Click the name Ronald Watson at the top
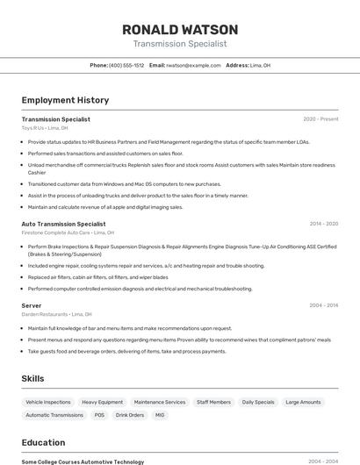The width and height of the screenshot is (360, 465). coord(180,29)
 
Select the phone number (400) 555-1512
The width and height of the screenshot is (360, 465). coord(126,65)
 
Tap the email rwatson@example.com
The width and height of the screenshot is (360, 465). coord(194,65)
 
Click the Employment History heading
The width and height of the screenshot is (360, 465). coord(65,100)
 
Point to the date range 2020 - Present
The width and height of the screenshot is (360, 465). coord(320,118)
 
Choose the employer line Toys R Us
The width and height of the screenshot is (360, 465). coord(45,128)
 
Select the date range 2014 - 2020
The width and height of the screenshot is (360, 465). coord(324,224)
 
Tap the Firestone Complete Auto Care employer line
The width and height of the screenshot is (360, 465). coord(68,233)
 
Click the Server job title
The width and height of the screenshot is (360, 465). coord(32,305)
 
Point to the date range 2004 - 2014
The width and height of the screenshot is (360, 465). coord(324,305)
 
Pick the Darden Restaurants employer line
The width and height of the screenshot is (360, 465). coord(56,314)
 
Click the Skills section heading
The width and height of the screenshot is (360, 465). coord(33,378)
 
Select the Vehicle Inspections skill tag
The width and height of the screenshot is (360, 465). coord(48,402)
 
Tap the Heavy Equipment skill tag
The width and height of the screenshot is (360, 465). coord(103,402)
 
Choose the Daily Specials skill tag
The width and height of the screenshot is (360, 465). coord(258,402)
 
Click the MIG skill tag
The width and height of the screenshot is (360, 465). coord(160,415)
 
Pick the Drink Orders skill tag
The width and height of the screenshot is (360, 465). coord(130,415)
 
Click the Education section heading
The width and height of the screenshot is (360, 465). coord(43,442)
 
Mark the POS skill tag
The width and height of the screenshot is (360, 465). coord(99,415)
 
